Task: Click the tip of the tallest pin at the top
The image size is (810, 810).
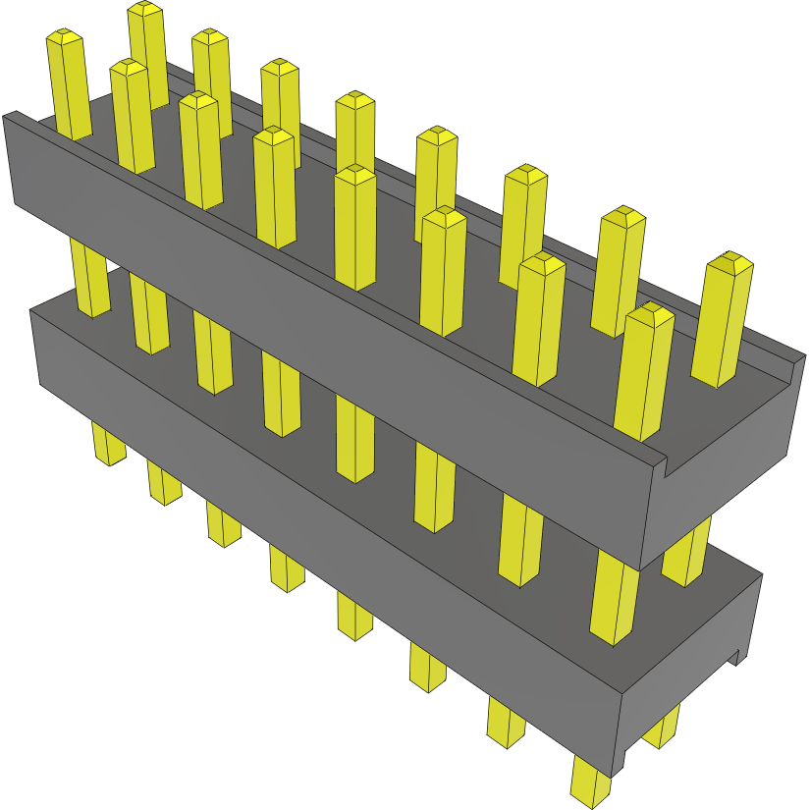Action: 144,10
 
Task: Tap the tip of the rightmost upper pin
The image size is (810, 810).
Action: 729,262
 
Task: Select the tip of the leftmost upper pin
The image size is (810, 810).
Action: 64,37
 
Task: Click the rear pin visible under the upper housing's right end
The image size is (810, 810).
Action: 687,560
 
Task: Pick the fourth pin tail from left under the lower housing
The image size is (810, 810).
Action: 286,569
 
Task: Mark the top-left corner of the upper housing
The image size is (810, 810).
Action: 8,116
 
